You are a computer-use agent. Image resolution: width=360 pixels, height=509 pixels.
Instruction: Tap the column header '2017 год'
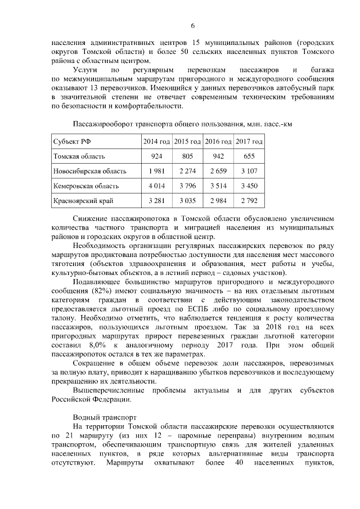pos(249,142)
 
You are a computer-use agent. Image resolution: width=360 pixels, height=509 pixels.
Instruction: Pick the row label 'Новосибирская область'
pos(89,171)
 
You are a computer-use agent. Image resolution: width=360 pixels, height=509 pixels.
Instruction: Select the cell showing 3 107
pos(249,171)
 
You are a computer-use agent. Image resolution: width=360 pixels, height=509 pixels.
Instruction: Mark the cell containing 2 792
pos(249,200)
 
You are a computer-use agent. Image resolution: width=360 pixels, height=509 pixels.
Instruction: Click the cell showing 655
pos(249,156)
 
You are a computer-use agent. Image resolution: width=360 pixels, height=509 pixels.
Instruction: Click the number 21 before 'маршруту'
pos(69,436)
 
